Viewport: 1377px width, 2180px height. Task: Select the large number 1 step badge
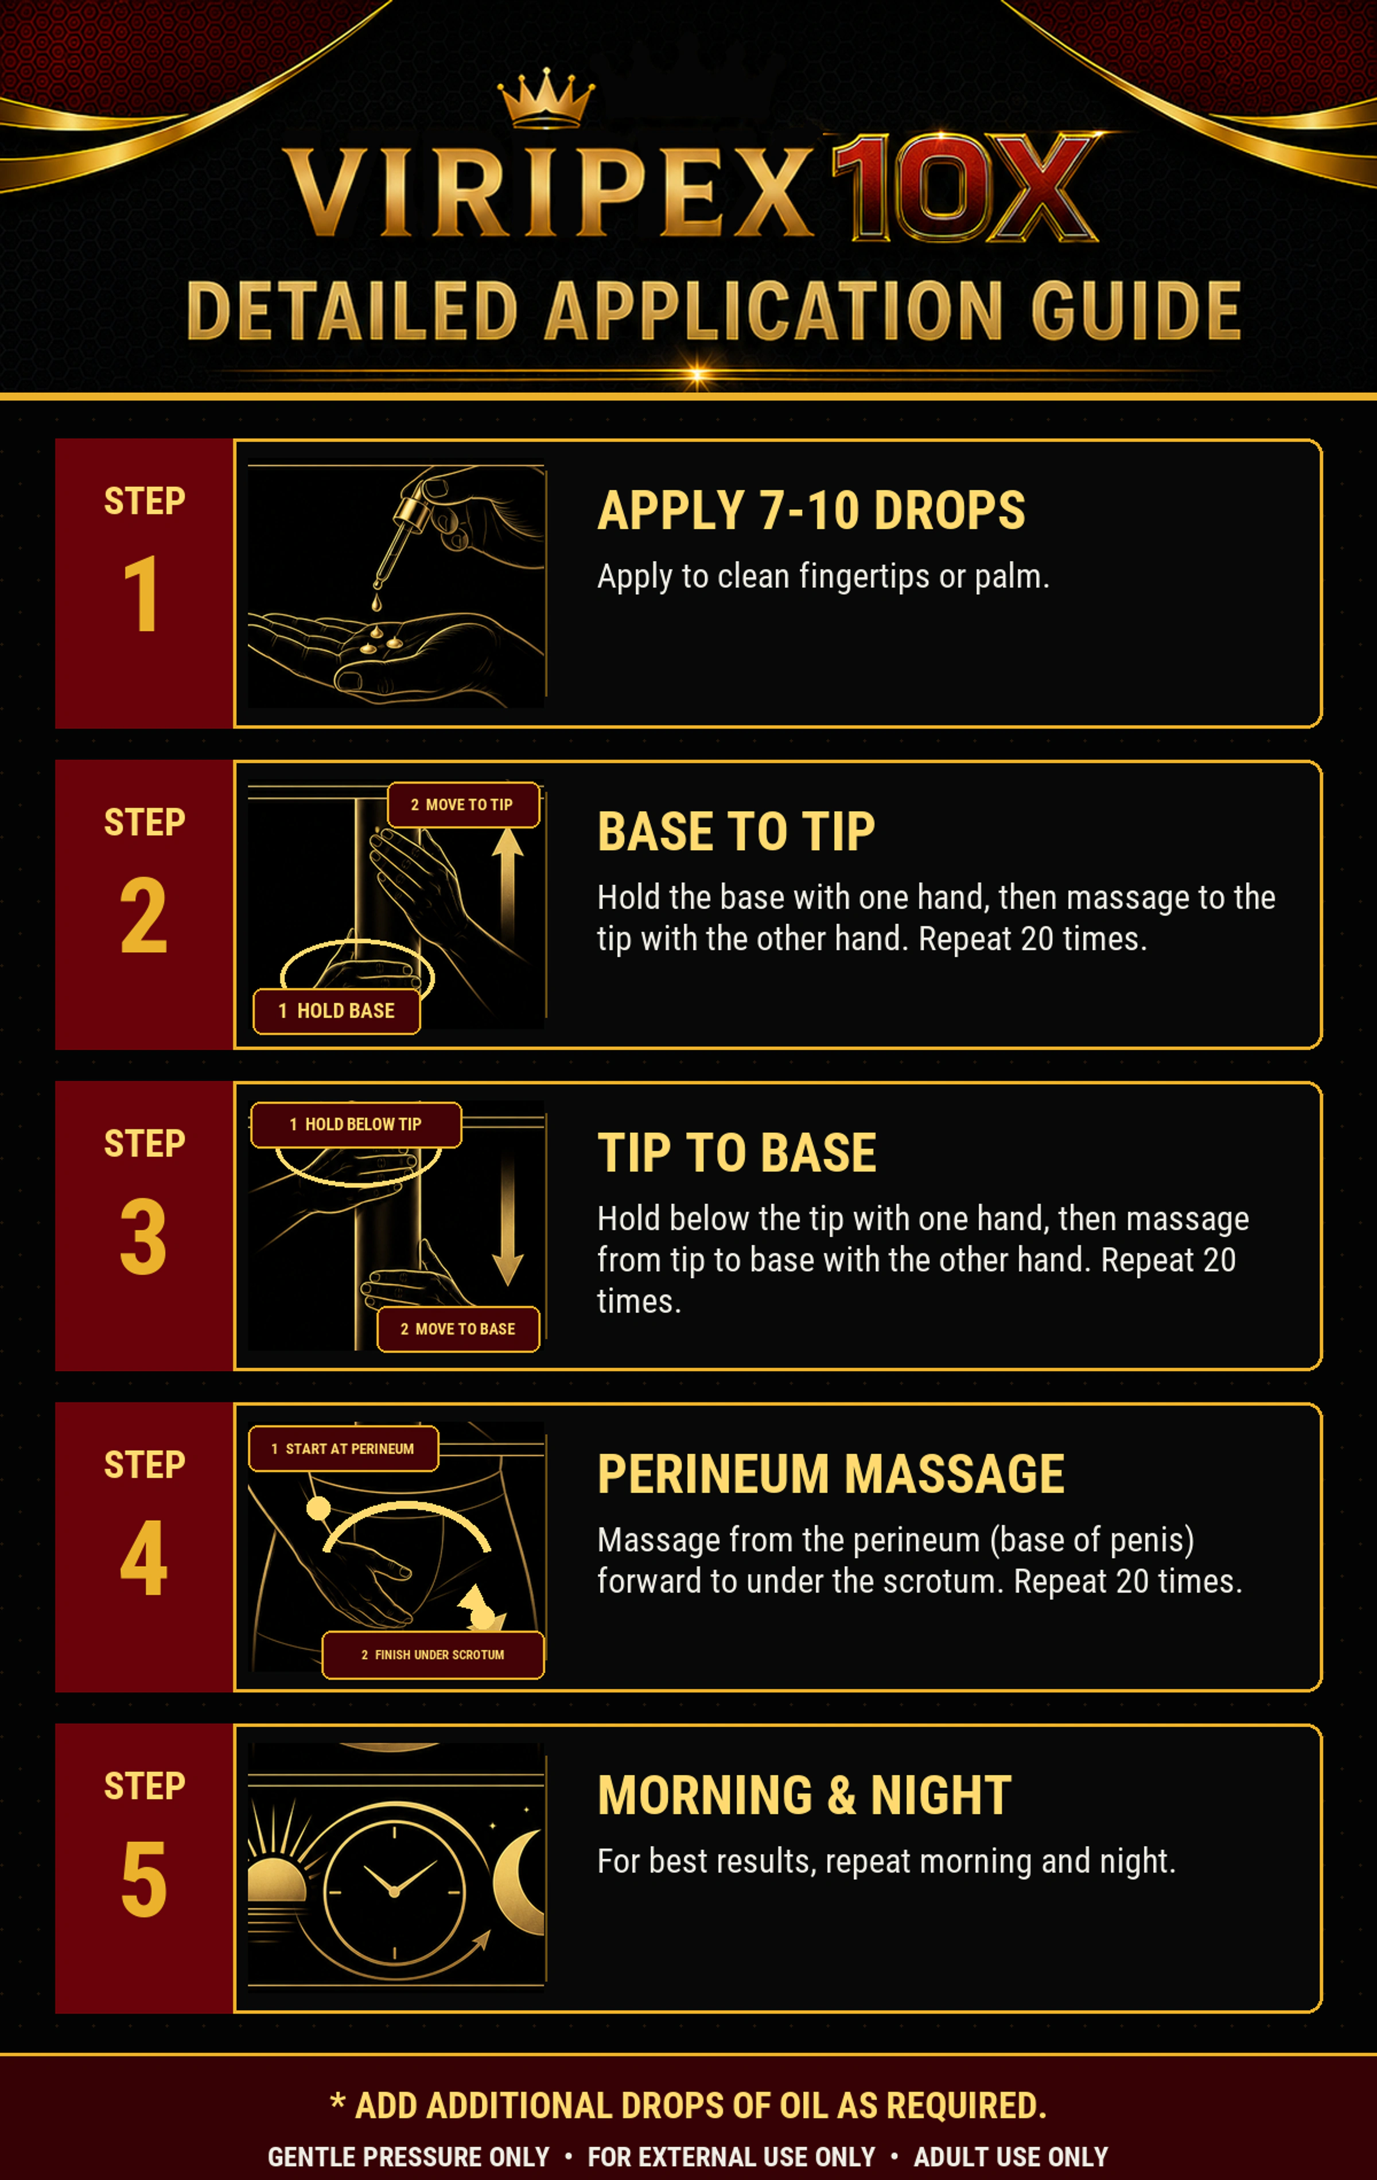(x=143, y=593)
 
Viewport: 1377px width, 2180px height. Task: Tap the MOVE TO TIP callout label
(x=464, y=805)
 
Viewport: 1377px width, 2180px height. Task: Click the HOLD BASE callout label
(x=337, y=1011)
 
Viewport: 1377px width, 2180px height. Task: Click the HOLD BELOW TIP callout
(x=356, y=1124)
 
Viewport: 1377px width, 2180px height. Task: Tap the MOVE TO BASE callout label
(x=458, y=1329)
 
